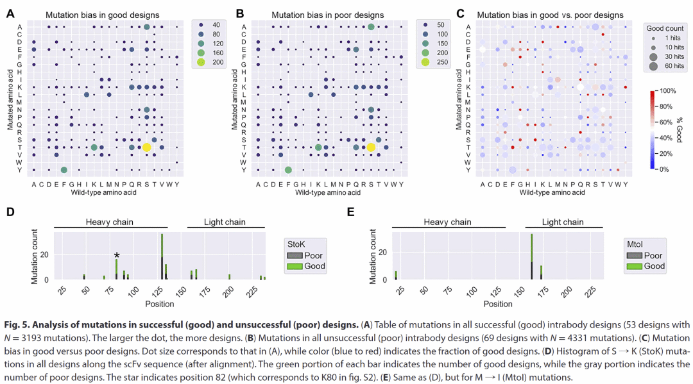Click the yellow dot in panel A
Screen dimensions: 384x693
coord(146,147)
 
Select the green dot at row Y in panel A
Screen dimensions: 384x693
coord(64,170)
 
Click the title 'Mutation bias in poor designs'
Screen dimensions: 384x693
coord(327,15)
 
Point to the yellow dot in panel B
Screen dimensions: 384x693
coord(371,147)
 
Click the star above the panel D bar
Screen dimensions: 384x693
coord(116,255)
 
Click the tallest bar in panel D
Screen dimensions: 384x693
coord(162,256)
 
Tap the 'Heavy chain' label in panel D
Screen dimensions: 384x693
coord(110,222)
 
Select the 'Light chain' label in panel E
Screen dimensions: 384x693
coord(563,222)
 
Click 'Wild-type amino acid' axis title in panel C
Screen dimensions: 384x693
coord(552,192)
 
